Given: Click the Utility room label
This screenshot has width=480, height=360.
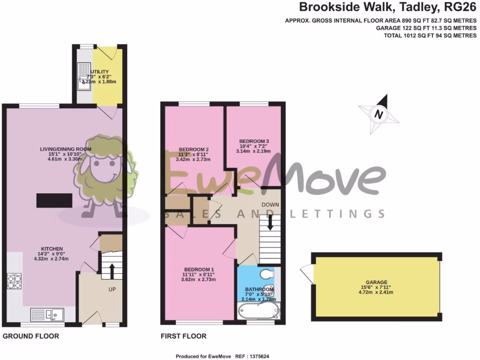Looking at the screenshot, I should tap(99, 72).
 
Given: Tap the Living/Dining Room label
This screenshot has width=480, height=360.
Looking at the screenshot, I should tap(65, 149).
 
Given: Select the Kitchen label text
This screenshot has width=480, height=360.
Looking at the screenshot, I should tap(52, 248).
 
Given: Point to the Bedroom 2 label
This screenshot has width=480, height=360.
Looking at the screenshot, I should tap(194, 150).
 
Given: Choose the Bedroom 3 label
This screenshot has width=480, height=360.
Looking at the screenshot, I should tap(254, 141).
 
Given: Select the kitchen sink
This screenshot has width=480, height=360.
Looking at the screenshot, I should tap(47, 314).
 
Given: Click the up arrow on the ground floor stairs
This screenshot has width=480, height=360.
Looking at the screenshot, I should tap(112, 271).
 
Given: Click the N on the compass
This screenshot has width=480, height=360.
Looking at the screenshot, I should tap(378, 114).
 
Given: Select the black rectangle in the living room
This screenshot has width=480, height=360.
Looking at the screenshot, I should tap(54, 200).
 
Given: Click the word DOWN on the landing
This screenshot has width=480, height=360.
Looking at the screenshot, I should tap(270, 205).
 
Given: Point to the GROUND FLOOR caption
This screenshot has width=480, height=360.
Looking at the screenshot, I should tap(31, 336).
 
